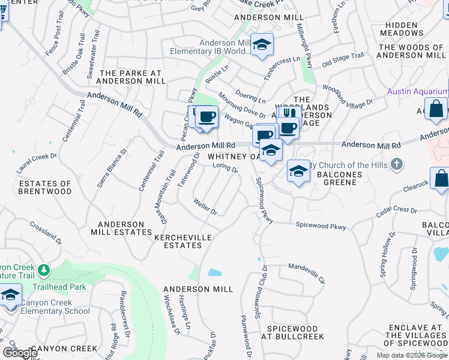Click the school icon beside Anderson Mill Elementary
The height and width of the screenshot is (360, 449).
click(262, 44)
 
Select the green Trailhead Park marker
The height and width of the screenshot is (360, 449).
click(43, 271)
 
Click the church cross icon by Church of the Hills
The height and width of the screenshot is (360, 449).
click(396, 164)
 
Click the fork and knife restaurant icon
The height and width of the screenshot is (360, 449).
click(289, 113)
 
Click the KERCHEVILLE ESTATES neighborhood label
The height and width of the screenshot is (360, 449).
click(183, 241)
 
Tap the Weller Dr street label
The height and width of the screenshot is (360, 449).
click(205, 208)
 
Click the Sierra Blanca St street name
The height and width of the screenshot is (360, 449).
click(112, 169)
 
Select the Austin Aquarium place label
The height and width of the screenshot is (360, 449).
click(417, 91)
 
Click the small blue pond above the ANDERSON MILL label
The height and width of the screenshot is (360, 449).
click(214, 272)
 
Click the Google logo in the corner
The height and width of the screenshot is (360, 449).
click(20, 353)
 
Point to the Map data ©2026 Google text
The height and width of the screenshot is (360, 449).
click(412, 355)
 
